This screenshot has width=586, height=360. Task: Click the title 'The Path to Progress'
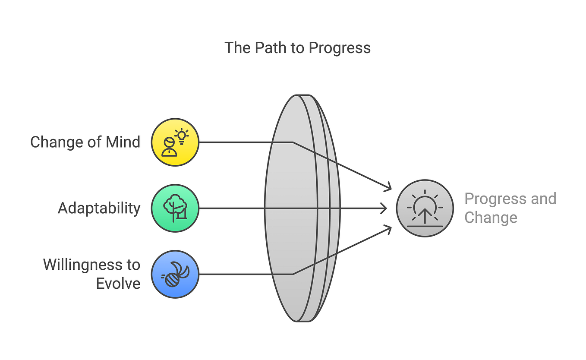297,48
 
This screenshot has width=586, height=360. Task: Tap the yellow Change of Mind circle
175,142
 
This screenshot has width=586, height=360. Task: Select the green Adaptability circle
175,208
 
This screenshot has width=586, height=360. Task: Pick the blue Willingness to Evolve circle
175,274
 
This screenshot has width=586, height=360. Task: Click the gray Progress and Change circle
425,208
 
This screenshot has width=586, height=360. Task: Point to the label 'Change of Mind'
85,142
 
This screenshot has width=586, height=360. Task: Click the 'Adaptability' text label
99,208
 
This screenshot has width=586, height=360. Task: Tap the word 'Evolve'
118,284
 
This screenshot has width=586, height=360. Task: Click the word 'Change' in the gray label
491,218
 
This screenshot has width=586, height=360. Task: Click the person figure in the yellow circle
169,147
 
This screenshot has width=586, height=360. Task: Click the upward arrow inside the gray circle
425,216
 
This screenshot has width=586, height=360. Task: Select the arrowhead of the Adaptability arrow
384,208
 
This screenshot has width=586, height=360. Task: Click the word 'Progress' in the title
340,48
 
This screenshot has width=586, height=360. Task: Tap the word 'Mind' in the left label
123,142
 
